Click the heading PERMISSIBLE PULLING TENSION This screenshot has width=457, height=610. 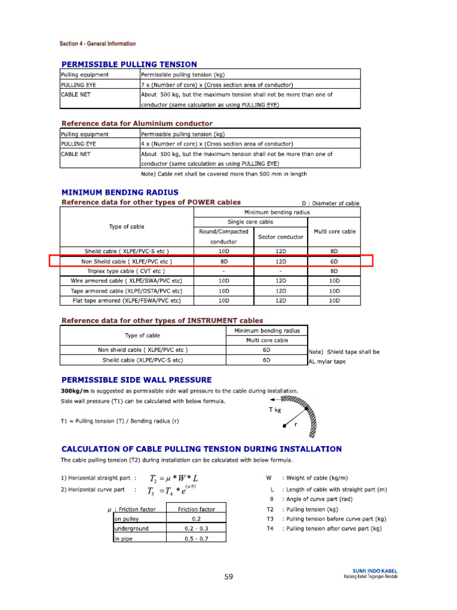129,64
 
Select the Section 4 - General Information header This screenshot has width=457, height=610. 97,43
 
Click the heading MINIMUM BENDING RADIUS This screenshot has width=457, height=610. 120,192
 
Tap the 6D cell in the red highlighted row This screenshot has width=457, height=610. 334,261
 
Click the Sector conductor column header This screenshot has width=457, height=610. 281,236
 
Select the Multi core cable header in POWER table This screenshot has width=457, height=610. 334,231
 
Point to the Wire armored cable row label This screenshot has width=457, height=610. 126,280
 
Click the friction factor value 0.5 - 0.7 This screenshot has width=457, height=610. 196,539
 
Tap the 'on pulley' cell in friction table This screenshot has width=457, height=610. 128,518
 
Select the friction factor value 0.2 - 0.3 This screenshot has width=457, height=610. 196,528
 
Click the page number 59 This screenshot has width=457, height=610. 229,577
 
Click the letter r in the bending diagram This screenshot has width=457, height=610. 295,425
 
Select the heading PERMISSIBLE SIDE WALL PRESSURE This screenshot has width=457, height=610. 136,379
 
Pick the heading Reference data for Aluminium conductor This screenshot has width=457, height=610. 137,123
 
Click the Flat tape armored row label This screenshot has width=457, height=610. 126,301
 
